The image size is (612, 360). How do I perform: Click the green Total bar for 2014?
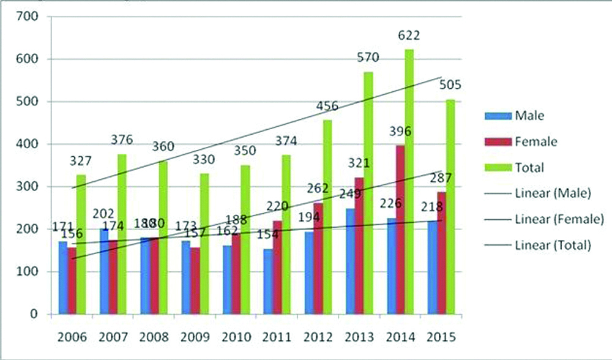(409, 184)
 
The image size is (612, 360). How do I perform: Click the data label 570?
(368, 58)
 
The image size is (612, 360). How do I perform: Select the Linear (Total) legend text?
(553, 245)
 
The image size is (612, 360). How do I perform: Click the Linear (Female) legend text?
(559, 219)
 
